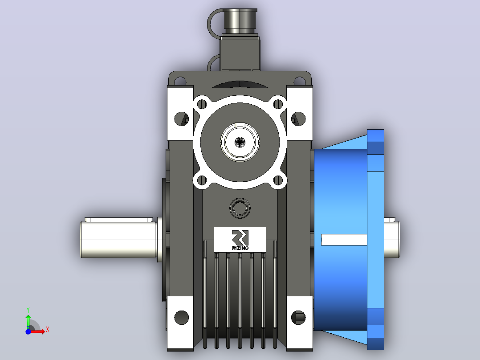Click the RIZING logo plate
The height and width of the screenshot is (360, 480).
point(240,240)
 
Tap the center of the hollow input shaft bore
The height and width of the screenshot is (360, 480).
point(240,142)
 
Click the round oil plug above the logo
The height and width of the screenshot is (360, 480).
point(240,208)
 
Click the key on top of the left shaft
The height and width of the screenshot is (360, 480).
point(119,220)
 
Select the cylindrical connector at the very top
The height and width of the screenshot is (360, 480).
point(240,21)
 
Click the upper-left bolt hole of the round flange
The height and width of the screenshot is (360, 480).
point(202,104)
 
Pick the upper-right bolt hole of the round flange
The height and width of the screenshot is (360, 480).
point(278,104)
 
